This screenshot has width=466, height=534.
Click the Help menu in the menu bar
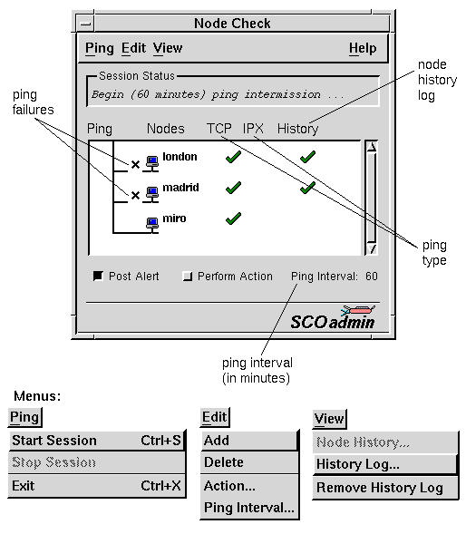[x=363, y=48]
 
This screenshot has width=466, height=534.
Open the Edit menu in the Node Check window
[x=133, y=48]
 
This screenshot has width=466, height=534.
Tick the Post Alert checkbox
[x=98, y=276]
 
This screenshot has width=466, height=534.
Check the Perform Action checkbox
[x=188, y=276]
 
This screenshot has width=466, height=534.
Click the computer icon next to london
[x=152, y=161]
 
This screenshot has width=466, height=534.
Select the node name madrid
[x=180, y=188]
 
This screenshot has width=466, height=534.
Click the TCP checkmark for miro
[x=233, y=218]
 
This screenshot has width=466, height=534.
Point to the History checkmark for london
[x=307, y=157]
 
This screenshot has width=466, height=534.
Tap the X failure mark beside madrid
[x=135, y=196]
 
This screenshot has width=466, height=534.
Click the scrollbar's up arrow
[x=372, y=147]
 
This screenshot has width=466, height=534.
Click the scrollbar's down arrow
[x=372, y=249]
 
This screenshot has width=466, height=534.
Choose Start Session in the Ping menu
[x=97, y=441]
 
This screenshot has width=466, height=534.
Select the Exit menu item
[x=97, y=486]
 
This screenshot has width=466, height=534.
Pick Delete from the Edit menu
[x=249, y=462]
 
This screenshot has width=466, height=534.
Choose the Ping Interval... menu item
[x=249, y=508]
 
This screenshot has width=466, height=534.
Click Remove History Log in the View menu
[x=385, y=488]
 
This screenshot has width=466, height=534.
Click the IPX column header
[x=253, y=129]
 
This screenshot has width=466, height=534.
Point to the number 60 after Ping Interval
[x=372, y=277]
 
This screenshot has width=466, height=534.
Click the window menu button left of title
[x=85, y=24]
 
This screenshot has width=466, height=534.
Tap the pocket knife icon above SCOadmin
[x=358, y=310]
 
